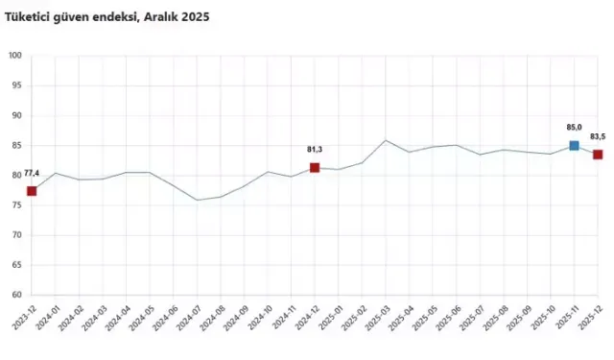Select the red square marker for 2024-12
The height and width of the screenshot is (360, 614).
click(x=315, y=168)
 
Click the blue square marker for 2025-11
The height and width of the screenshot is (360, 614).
click(x=574, y=146)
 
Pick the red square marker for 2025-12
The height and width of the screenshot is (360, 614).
click(x=598, y=155)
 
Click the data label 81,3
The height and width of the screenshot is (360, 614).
click(x=315, y=150)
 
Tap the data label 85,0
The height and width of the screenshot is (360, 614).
click(x=573, y=127)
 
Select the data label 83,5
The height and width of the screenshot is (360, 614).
click(x=598, y=136)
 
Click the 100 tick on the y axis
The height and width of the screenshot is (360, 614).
click(x=14, y=56)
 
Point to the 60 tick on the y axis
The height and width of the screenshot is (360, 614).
click(x=16, y=296)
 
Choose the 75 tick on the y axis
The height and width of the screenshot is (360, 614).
click(x=16, y=205)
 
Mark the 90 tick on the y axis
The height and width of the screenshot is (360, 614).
click(x=16, y=116)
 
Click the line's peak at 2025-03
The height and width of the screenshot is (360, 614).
click(x=386, y=140)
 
